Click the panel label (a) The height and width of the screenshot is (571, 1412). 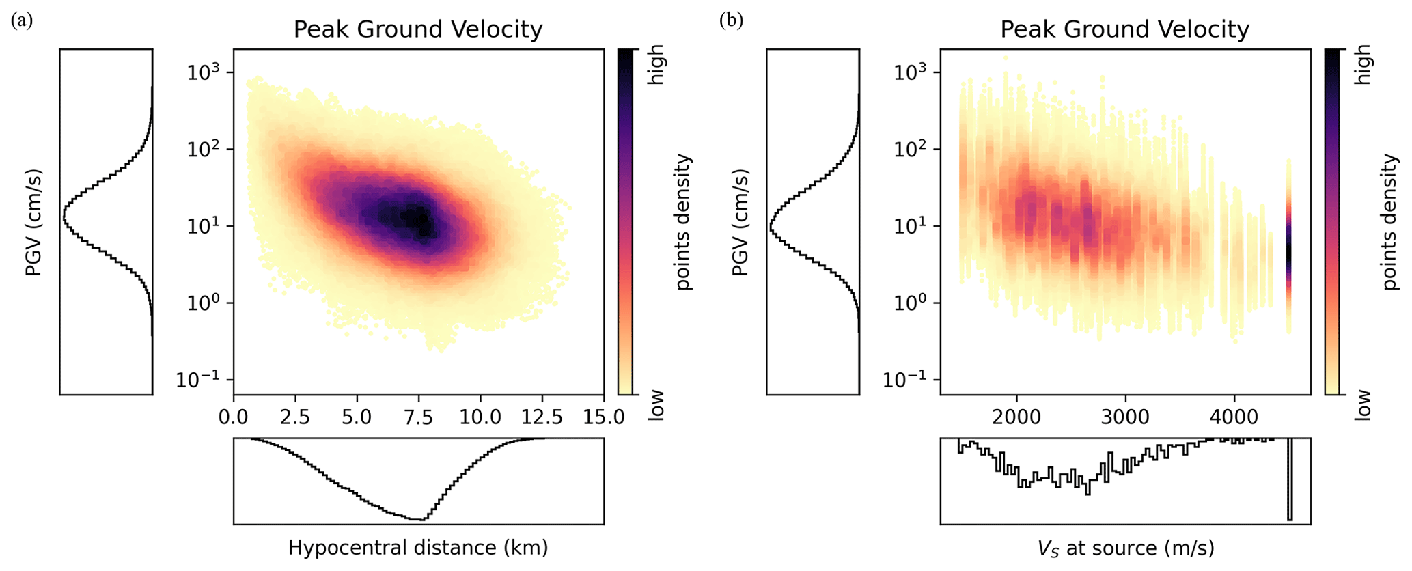tap(22, 20)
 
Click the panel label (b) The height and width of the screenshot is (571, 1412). tap(730, 20)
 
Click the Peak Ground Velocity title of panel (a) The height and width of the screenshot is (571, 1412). tap(418, 30)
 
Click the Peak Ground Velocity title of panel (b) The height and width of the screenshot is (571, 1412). tap(1124, 30)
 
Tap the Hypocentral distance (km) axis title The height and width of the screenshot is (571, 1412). tap(418, 548)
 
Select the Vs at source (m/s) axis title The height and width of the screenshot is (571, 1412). tap(1124, 548)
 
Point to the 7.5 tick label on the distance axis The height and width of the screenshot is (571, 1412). tap(418, 417)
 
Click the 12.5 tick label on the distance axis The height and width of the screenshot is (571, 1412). tap(542, 417)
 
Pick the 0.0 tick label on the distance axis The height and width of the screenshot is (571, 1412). tap(234, 417)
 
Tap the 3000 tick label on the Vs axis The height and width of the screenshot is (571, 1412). tap(1125, 417)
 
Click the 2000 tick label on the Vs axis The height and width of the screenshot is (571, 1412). tap(1016, 417)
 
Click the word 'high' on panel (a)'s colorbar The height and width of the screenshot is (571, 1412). tap(656, 65)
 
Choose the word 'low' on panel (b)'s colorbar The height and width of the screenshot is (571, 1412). tap(1363, 405)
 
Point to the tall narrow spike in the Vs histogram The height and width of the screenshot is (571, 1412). tap(1290, 478)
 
